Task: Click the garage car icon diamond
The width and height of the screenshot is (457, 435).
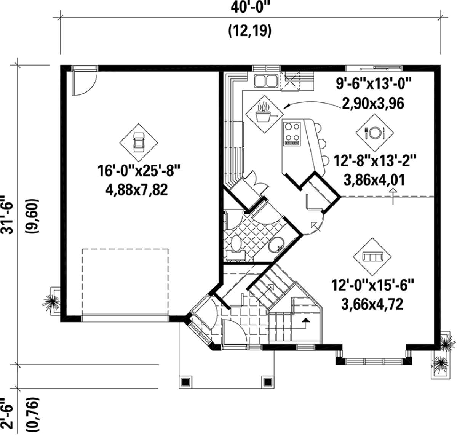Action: (139, 142)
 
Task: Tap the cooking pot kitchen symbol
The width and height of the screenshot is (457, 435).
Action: (265, 114)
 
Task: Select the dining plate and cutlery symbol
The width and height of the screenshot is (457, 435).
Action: (374, 133)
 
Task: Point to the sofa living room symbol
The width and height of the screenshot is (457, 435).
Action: (372, 257)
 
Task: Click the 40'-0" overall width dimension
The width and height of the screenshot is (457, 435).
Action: (251, 8)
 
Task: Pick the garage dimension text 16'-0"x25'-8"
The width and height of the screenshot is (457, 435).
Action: (139, 170)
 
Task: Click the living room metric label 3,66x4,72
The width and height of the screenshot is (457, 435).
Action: (372, 304)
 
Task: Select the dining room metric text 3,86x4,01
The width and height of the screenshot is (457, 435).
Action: (374, 180)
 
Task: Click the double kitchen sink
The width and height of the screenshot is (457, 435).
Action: (266, 81)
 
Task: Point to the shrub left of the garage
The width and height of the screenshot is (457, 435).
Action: (51, 302)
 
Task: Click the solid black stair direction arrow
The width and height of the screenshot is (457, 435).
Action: (306, 320)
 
